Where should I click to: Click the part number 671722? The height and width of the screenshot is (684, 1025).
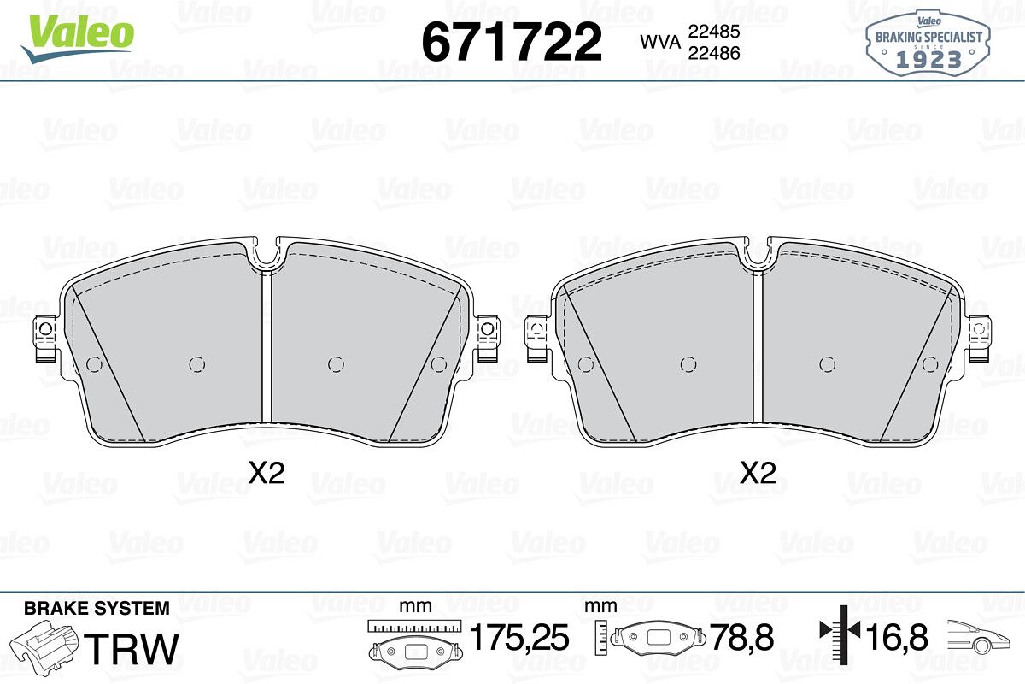pyautogui.click(x=512, y=42)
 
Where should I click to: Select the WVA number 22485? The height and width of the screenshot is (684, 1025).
pyautogui.click(x=714, y=32)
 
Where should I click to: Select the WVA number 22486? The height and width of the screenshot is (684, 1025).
pyautogui.click(x=714, y=53)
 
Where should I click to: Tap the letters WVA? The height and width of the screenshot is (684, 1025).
pyautogui.click(x=660, y=42)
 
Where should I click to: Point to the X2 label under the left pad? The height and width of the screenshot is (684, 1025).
pyautogui.click(x=266, y=473)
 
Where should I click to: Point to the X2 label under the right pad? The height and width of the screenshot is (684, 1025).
pyautogui.click(x=758, y=473)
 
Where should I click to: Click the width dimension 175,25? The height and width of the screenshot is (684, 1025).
pyautogui.click(x=519, y=637)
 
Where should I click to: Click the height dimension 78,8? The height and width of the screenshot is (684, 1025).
pyautogui.click(x=741, y=637)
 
